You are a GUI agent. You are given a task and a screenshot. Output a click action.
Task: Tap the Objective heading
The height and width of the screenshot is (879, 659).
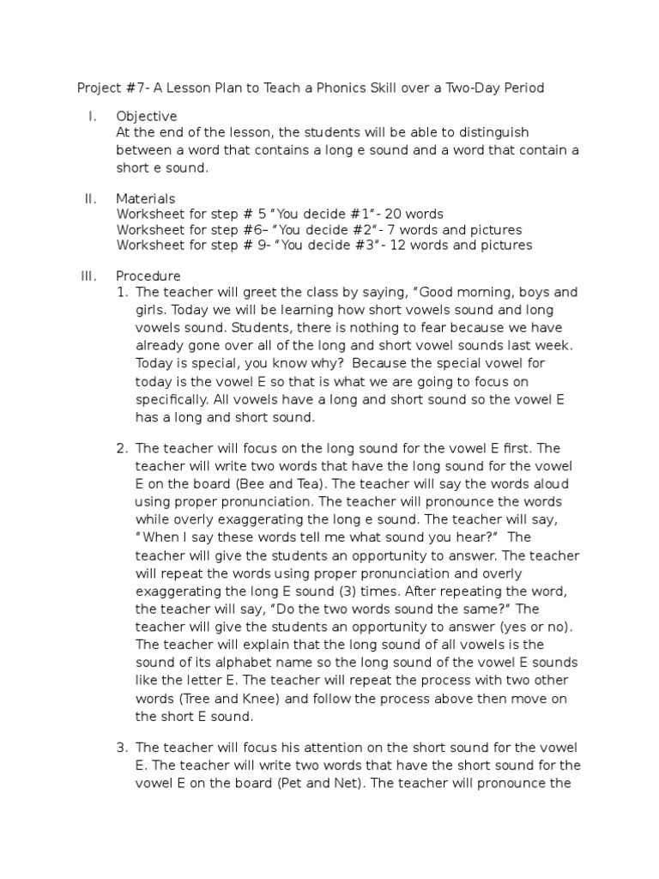coord(147,116)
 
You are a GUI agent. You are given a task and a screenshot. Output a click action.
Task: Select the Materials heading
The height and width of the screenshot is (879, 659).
coord(146,199)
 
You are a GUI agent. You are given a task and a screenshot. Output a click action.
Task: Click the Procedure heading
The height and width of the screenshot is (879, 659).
coord(148,276)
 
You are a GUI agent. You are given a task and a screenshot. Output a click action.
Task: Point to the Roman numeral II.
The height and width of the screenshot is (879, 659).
coord(90,199)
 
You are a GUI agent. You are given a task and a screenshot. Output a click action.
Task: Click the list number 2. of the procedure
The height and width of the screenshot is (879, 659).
coord(123,448)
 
